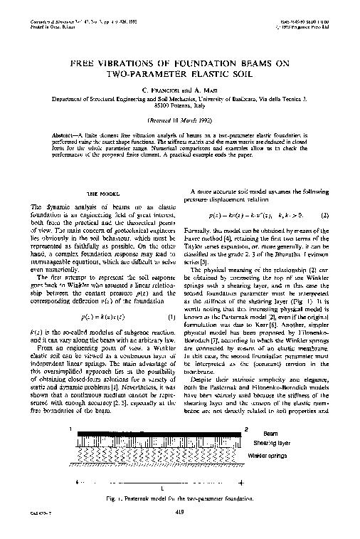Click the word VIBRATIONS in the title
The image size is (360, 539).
(134, 63)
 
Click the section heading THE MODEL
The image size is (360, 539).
(101, 194)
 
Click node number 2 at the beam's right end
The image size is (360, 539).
(245, 429)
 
